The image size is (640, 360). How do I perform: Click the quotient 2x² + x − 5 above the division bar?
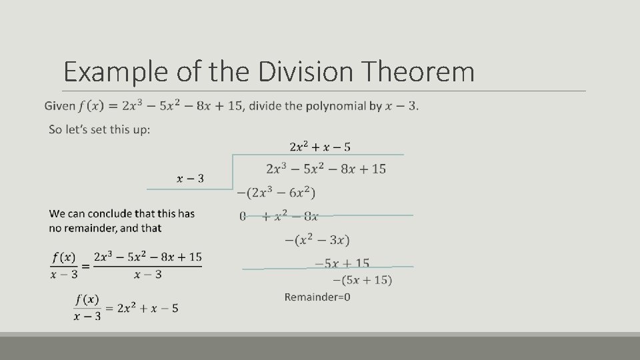pos(320,146)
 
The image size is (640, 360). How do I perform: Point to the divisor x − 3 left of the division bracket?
pos(191,178)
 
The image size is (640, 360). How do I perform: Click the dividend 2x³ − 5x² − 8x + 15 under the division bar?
pos(325,169)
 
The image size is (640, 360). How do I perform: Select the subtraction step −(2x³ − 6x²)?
pos(276,193)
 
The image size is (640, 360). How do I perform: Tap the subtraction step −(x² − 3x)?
pos(317,239)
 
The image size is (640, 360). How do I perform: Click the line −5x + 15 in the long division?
pos(342,263)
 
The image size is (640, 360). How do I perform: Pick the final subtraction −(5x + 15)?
pos(363,280)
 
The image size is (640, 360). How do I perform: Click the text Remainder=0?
pos(317,297)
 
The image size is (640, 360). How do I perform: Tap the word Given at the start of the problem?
pos(59,106)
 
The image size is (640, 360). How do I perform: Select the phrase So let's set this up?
pos(99,129)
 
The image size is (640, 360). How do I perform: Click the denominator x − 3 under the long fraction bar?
pos(147,275)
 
